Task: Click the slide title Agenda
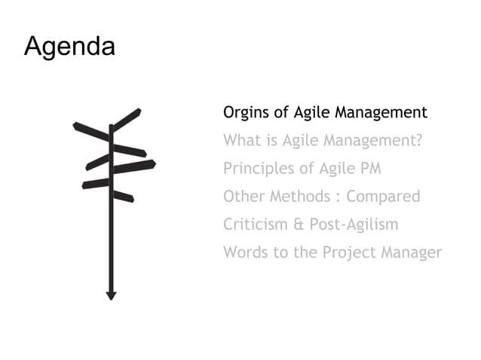point(69,47)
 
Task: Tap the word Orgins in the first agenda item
point(245,113)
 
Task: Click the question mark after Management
point(418,141)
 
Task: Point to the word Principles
point(256,169)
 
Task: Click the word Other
point(243,197)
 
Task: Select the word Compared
point(383,197)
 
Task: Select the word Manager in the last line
point(410,253)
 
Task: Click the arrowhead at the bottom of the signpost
point(111,295)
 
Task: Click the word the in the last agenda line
point(305,252)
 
